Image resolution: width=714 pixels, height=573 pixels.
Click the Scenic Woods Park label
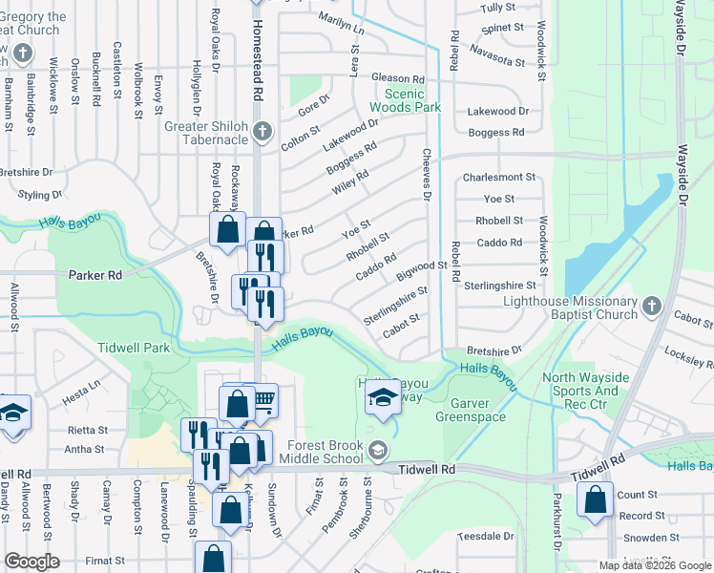[412, 100]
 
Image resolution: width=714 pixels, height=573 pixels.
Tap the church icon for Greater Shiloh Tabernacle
[263, 132]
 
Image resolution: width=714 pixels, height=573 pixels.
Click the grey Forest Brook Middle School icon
[379, 450]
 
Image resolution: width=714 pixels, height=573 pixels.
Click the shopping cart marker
[263, 400]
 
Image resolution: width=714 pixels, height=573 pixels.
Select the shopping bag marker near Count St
[596, 499]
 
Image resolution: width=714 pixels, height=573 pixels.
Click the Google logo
[31, 562]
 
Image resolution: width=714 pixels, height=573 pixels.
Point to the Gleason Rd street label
[397, 78]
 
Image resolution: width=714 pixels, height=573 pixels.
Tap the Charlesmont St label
[498, 178]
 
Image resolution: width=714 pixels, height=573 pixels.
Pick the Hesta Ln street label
[81, 387]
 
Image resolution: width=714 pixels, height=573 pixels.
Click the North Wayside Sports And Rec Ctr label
[585, 385]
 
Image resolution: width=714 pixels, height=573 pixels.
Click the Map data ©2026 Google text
[654, 564]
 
